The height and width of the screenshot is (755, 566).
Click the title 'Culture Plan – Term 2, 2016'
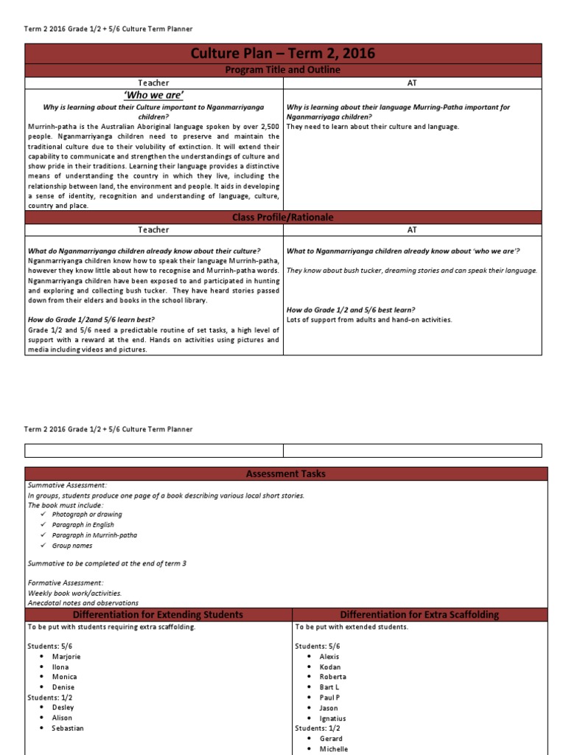(283, 53)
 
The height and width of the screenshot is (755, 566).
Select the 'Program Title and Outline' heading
(283, 70)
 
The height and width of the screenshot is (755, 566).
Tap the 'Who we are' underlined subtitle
(154, 95)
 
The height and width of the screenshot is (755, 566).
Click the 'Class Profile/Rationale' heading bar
(283, 218)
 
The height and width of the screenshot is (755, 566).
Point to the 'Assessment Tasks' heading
(286, 473)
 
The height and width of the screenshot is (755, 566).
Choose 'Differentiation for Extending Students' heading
(158, 614)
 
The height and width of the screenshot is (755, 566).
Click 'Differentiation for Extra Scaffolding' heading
(419, 614)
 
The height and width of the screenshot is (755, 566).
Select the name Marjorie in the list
(66, 656)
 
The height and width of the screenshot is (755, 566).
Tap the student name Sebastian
(68, 728)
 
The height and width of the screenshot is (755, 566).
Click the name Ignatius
(332, 718)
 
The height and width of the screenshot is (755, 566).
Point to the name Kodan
(330, 667)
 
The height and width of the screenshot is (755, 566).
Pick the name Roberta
(332, 676)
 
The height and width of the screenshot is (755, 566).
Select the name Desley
(63, 707)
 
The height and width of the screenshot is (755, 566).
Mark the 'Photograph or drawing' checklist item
(87, 515)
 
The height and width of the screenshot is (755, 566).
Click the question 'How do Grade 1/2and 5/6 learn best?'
(91, 320)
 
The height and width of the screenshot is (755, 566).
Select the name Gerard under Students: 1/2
(331, 738)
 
